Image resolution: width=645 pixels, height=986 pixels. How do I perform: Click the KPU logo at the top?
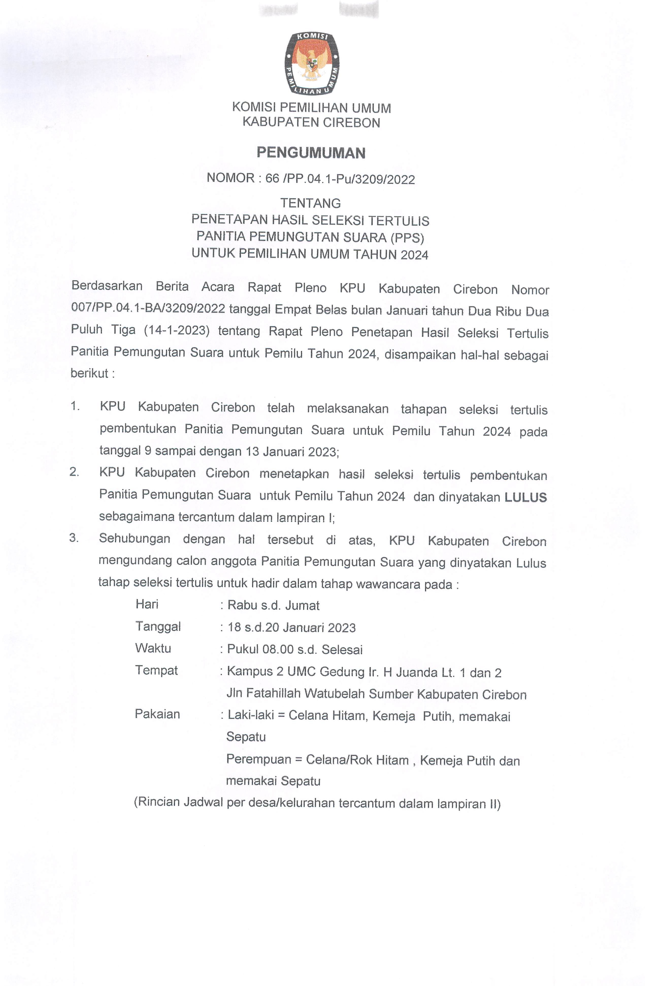tap(311, 63)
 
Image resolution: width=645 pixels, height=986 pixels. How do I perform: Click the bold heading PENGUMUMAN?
tap(311, 153)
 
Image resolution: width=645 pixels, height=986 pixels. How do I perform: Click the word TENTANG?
tap(310, 203)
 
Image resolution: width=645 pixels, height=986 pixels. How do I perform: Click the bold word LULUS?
tap(525, 497)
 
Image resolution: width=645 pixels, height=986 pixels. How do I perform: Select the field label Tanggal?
tap(158, 626)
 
